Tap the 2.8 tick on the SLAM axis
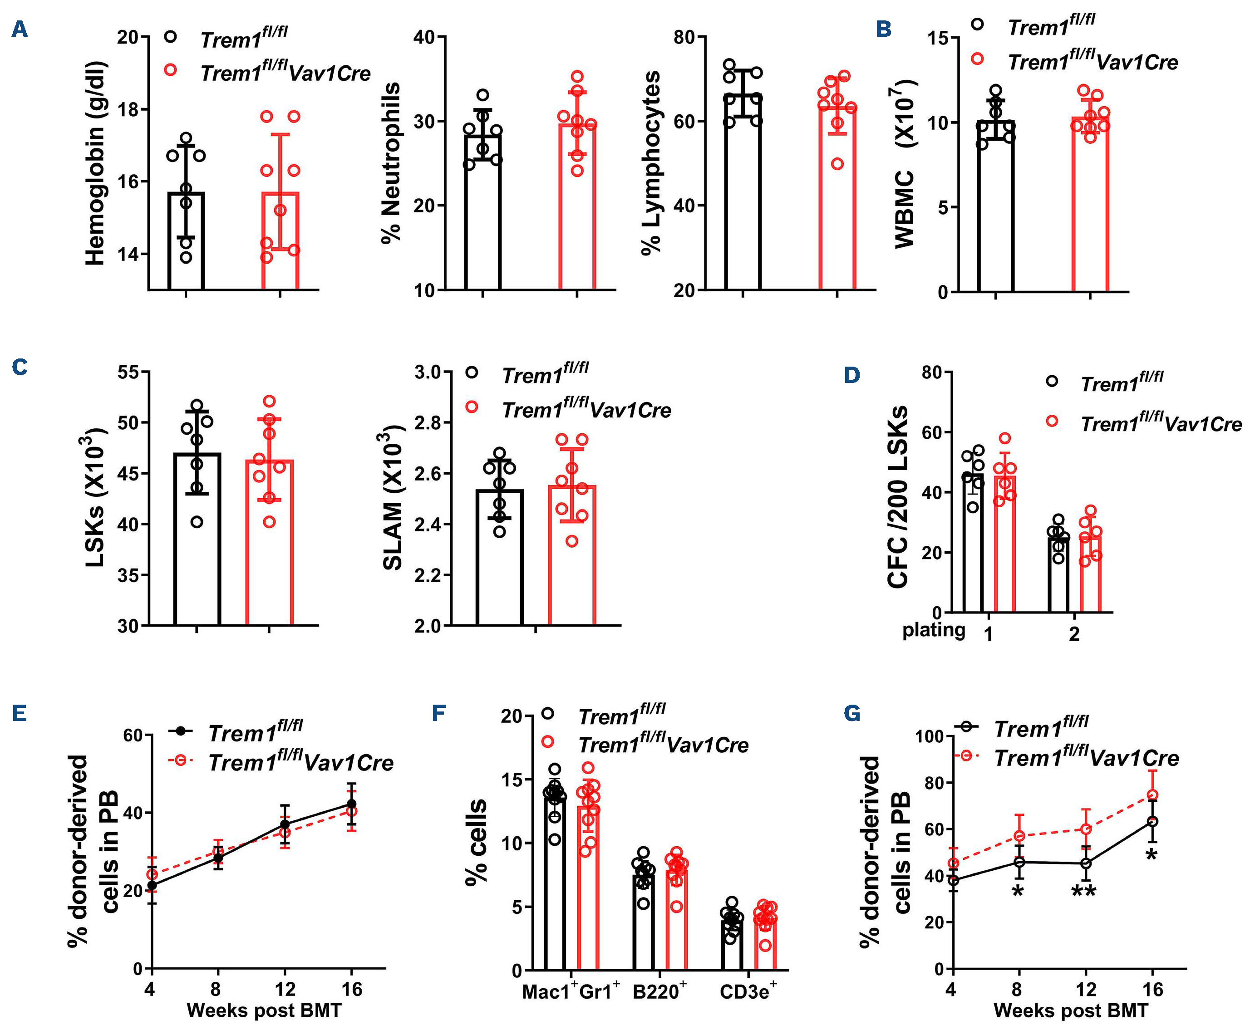(428, 423)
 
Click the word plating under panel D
(934, 630)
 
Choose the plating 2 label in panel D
(1074, 634)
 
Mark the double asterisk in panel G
(1083, 891)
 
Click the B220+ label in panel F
(659, 991)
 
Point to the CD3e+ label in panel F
(748, 991)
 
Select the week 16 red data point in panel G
(1152, 795)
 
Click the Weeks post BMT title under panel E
(264, 1010)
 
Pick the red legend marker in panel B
(978, 59)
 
